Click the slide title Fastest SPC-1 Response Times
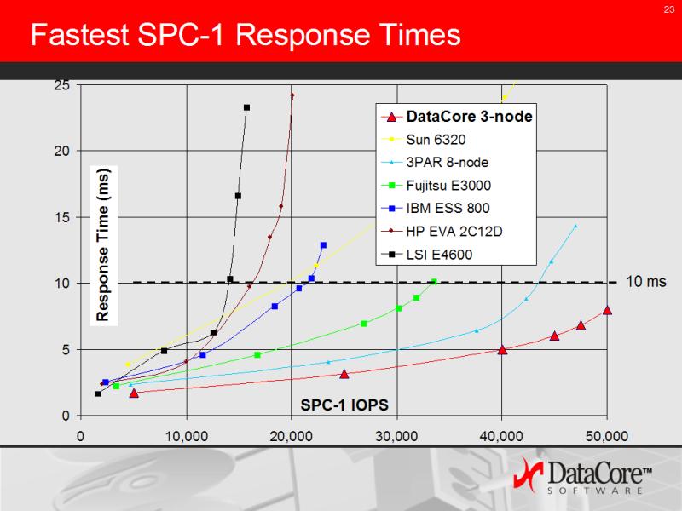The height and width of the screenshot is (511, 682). (x=246, y=34)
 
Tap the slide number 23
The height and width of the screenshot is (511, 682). (x=669, y=9)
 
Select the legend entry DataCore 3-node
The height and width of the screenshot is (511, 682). (x=457, y=117)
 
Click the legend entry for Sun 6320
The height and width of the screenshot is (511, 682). (x=424, y=139)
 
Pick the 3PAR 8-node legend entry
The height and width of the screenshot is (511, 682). (x=435, y=162)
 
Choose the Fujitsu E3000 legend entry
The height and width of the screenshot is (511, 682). (x=436, y=186)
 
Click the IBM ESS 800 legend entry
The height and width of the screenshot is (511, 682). (x=436, y=208)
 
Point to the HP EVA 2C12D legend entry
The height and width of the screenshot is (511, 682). (x=442, y=231)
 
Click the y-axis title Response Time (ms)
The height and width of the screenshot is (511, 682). (x=103, y=245)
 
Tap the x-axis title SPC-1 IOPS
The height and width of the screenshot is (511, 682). (x=344, y=405)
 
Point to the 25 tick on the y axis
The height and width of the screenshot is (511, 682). (x=61, y=84)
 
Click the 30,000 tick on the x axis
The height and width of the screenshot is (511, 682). (x=396, y=436)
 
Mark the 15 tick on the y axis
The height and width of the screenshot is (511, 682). (x=61, y=217)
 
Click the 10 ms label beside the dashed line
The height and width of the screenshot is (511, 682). (x=646, y=282)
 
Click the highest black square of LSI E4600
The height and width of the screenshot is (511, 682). (x=246, y=107)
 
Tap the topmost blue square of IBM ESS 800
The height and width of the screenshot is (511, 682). (x=323, y=245)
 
